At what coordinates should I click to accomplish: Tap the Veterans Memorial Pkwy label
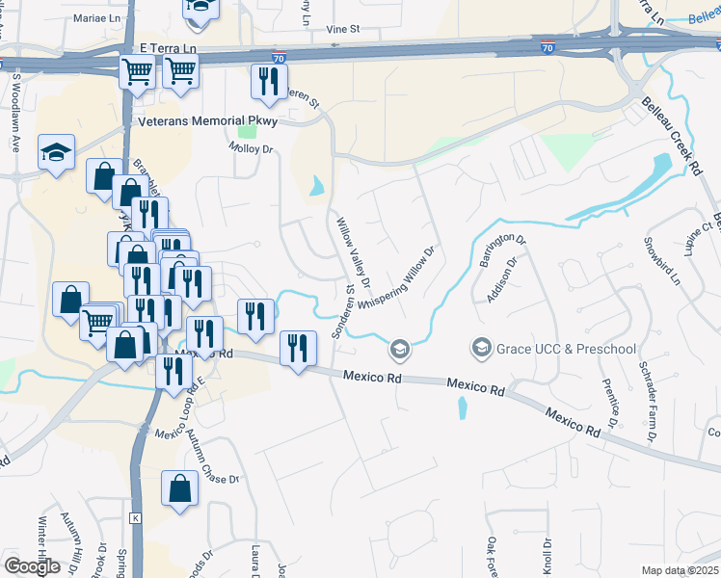(208, 121)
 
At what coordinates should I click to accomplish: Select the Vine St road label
(342, 29)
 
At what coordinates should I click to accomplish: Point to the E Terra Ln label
(168, 47)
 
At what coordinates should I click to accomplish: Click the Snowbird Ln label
(662, 261)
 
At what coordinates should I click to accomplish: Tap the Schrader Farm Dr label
(648, 399)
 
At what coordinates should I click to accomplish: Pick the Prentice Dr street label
(609, 400)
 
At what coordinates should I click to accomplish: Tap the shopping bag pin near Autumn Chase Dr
(180, 489)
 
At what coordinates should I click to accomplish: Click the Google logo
(32, 566)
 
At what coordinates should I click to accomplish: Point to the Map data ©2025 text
(681, 570)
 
